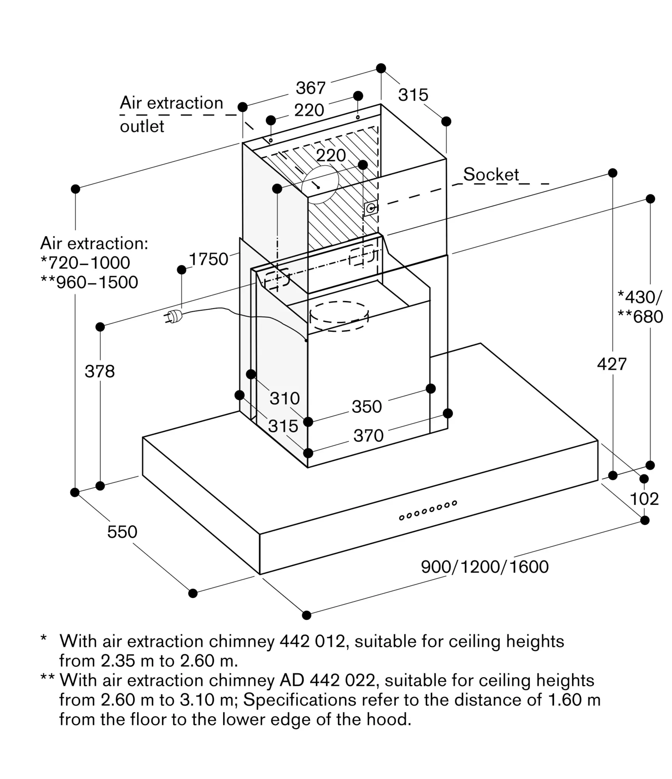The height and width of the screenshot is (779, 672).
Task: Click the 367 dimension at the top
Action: coord(310,88)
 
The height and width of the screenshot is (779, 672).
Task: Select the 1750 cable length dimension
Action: coord(208,259)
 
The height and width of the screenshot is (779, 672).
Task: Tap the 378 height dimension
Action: coord(100,371)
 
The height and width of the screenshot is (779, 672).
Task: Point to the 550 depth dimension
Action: coord(122,532)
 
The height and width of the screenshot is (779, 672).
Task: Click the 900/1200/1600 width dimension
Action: coord(485,567)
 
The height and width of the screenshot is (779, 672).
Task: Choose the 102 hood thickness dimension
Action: coord(644,499)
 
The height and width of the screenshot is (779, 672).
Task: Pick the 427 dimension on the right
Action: coord(612,364)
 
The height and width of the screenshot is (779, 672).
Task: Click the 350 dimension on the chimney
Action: coord(367,407)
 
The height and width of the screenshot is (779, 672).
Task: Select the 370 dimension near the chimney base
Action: coord(368,435)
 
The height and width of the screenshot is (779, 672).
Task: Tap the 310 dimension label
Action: coord(285,398)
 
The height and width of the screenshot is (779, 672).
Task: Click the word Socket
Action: coord(491,174)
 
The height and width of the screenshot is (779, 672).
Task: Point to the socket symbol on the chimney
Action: coord(370,208)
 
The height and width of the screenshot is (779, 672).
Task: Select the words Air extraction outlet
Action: coord(171,114)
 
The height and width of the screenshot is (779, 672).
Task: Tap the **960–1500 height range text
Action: coord(89,282)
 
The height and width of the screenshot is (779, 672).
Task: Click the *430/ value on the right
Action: coord(639,297)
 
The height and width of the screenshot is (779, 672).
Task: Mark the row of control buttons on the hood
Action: coord(428,510)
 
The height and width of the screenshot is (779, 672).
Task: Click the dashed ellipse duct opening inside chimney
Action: coord(339,316)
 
